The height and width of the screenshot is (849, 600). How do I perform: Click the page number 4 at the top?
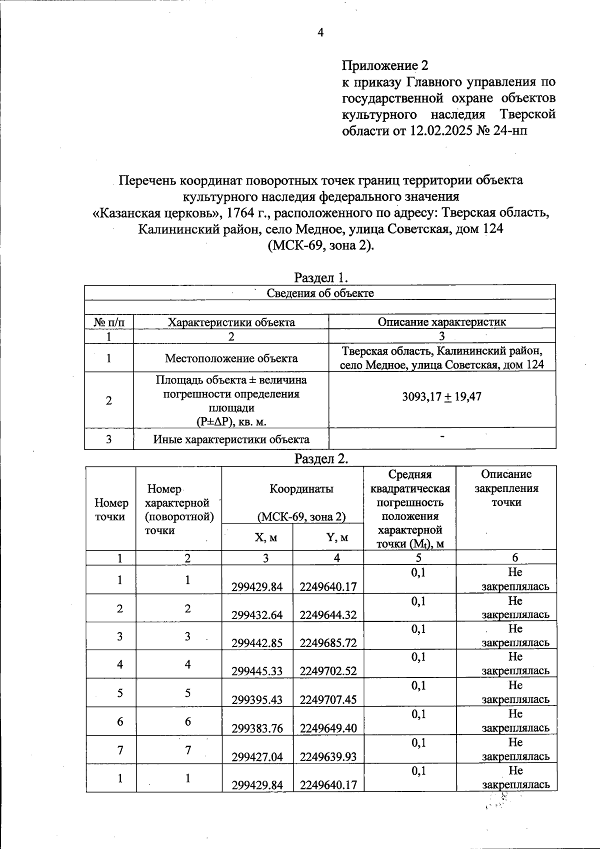click(x=320, y=33)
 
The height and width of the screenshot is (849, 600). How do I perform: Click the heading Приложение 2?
click(x=385, y=65)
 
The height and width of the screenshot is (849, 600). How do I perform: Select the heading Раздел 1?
click(x=320, y=277)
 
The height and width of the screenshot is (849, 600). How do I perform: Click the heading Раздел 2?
click(x=320, y=458)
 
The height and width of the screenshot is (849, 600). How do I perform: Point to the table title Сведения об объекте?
click(x=320, y=293)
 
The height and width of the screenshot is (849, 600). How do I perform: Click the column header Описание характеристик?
click(x=441, y=322)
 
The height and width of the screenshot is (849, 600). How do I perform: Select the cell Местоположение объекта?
click(x=231, y=358)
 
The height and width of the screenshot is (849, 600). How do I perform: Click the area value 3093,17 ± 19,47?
click(x=441, y=397)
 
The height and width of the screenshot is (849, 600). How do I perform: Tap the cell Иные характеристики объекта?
click(x=231, y=439)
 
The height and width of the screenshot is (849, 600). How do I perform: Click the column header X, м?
click(x=265, y=537)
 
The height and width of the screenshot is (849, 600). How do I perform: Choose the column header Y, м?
click(x=337, y=537)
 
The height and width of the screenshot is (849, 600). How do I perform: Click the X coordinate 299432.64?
click(x=257, y=615)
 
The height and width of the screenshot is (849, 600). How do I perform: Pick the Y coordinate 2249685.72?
click(x=328, y=643)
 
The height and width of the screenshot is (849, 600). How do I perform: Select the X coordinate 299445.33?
click(x=257, y=671)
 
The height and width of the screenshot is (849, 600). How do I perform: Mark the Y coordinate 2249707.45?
click(x=328, y=699)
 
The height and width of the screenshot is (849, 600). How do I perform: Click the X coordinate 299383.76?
click(x=257, y=728)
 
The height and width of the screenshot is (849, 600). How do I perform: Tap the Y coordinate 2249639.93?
click(x=328, y=757)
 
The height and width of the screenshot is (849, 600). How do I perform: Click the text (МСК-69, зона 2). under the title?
click(x=320, y=245)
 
